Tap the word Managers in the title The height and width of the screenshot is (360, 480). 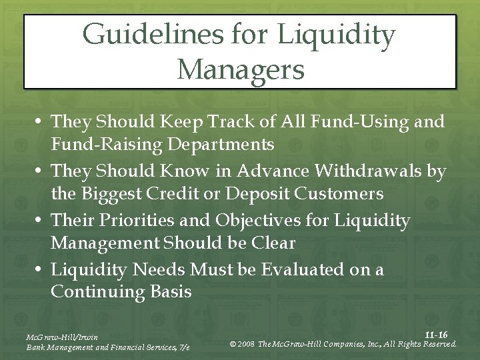click(x=241, y=69)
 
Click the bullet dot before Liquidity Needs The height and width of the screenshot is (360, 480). click(x=40, y=270)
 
